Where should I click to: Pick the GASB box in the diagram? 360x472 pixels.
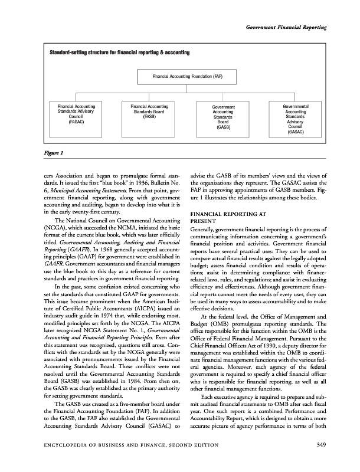(224, 117)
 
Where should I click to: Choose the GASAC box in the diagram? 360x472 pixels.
(296, 119)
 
